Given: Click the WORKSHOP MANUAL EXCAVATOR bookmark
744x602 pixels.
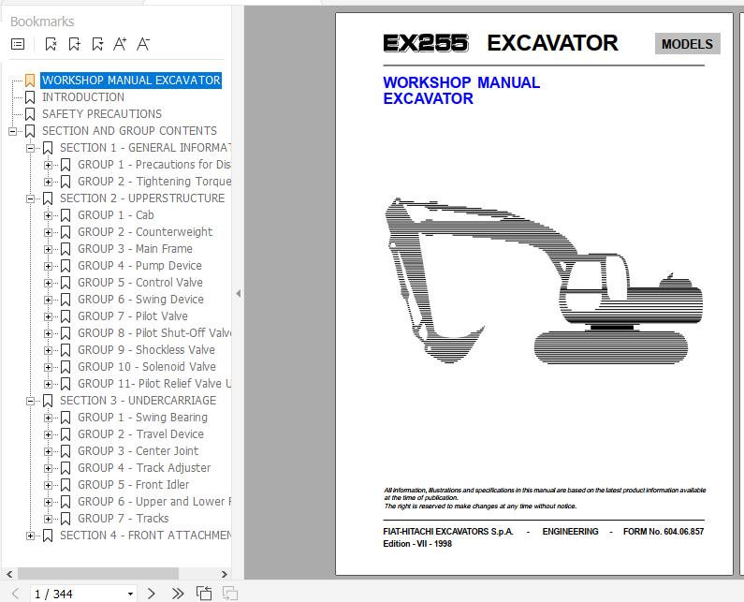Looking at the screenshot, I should (131, 81).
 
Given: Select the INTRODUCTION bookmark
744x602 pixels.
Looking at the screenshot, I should (82, 97).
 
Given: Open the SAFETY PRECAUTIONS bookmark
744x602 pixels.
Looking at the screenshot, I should (101, 114).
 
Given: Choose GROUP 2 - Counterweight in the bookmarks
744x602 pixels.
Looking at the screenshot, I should (145, 232).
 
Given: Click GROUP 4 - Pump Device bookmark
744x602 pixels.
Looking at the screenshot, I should (139, 266).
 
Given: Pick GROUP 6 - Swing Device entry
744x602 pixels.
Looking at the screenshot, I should (140, 300).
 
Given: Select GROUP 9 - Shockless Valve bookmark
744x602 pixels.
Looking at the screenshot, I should (146, 350).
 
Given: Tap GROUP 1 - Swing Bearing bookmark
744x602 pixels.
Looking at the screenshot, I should (142, 418).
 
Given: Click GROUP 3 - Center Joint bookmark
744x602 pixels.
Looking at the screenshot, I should (138, 451).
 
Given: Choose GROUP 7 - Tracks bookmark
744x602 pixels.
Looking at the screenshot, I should (124, 519).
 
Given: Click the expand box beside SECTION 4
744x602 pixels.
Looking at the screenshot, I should (31, 536).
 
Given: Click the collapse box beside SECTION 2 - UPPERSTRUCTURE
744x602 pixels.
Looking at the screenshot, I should (31, 198).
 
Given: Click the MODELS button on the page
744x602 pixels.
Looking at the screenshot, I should (687, 44).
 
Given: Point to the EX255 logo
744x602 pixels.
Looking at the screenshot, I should (425, 44).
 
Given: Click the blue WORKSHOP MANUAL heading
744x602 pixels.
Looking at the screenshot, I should (461, 82).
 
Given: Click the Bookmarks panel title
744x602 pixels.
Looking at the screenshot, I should (42, 21).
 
